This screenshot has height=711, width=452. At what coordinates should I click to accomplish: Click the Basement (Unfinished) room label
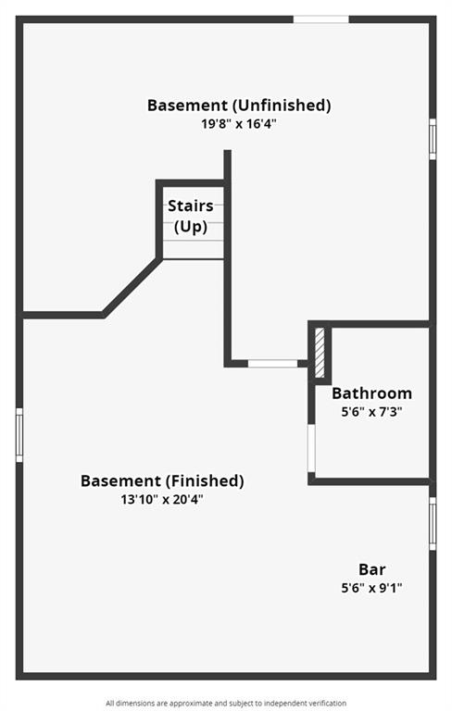(239, 106)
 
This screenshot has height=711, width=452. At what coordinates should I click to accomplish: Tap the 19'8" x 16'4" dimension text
(239, 124)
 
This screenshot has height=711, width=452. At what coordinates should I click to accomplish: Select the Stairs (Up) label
(191, 216)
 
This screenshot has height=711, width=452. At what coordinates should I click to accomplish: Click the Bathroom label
(371, 393)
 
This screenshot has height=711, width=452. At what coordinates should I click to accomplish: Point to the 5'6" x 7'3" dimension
(371, 412)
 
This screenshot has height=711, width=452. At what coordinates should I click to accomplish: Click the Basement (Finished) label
(162, 480)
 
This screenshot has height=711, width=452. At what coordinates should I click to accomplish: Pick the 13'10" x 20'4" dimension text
(162, 500)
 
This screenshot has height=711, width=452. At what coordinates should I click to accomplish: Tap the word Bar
(372, 569)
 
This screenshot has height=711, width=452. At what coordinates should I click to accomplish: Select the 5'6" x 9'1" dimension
(371, 588)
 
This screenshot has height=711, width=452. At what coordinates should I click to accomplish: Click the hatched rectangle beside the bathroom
(320, 353)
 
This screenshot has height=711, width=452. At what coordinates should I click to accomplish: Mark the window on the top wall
(320, 19)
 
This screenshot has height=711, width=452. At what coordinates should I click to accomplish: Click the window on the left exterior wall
(19, 435)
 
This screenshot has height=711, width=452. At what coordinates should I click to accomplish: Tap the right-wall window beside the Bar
(433, 523)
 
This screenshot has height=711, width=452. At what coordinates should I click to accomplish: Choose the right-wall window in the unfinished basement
(433, 139)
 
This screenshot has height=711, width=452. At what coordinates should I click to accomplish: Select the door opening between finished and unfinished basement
(272, 364)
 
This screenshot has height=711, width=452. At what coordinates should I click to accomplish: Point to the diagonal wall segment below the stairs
(132, 287)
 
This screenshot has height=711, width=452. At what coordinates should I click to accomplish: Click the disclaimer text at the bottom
(226, 704)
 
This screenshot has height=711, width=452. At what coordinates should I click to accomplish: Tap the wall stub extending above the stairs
(227, 165)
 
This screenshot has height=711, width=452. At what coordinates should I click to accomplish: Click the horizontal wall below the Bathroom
(370, 481)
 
